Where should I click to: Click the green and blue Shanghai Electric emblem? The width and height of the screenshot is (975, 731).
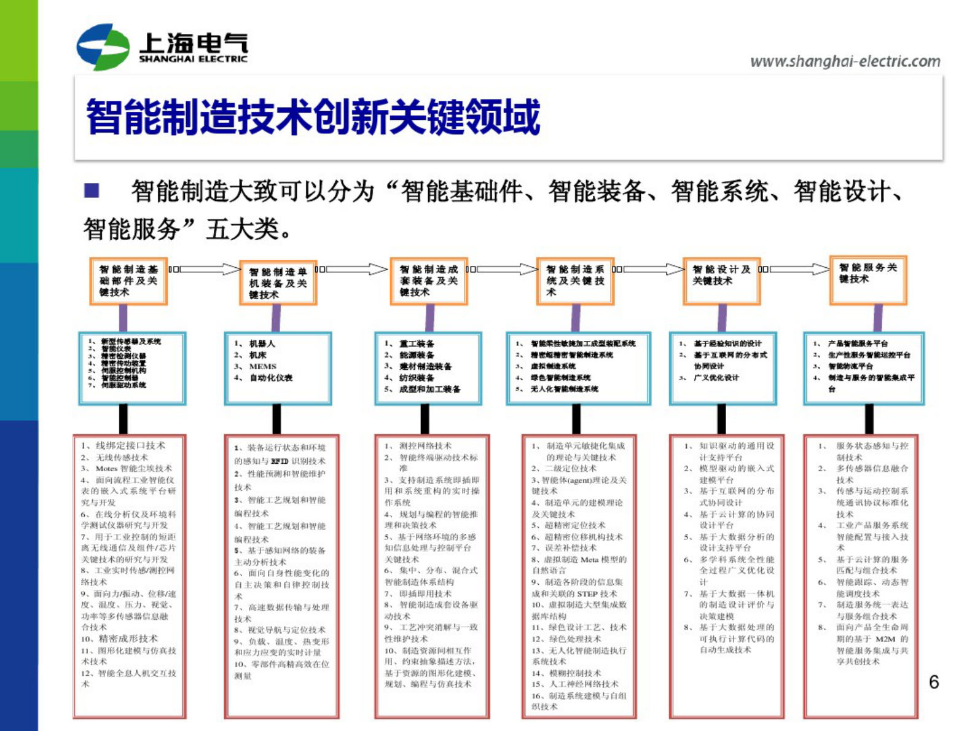click(103, 47)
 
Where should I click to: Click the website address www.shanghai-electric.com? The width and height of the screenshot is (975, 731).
click(845, 61)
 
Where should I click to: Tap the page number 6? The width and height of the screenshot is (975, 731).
click(933, 682)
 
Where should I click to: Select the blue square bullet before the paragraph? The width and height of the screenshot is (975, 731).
click(92, 190)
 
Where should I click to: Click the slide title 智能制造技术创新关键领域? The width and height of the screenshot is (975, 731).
click(313, 117)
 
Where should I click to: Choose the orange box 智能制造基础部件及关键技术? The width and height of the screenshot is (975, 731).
click(128, 281)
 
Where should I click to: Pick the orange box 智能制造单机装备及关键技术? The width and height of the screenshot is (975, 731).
click(278, 283)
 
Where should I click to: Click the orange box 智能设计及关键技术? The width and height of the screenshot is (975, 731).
click(722, 281)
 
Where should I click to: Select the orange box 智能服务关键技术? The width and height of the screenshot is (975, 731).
click(868, 279)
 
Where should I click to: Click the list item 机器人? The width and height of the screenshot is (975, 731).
click(262, 344)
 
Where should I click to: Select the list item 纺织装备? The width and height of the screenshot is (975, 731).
click(417, 378)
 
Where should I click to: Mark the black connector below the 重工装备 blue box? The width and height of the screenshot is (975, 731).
click(425, 419)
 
